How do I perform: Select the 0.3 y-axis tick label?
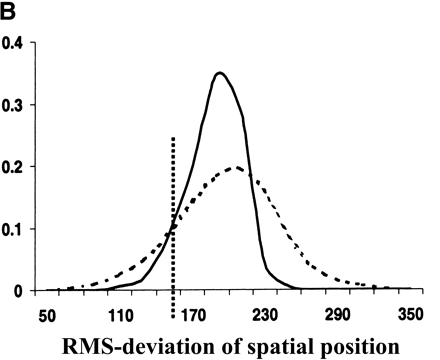16,105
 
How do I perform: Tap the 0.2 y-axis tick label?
16,167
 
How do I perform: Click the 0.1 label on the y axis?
16,229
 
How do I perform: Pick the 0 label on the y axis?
23,291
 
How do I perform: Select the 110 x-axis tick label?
122,315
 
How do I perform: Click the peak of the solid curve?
219,72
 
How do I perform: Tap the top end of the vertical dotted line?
174,138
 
